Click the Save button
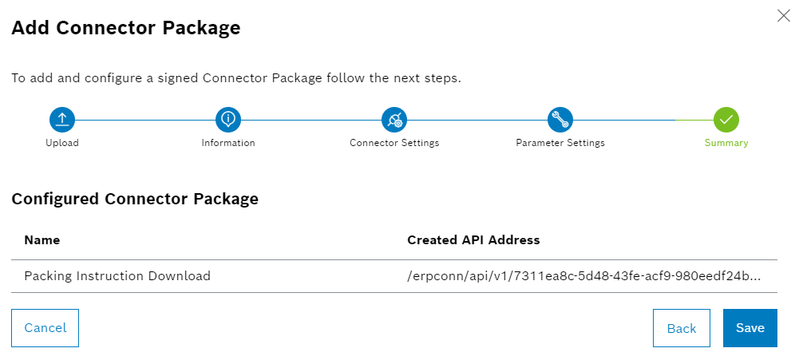point(750,328)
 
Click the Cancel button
point(45,328)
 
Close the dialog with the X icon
point(783,15)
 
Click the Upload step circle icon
point(62,120)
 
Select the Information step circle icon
point(228,120)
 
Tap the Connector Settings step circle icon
point(394,120)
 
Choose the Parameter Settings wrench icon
point(560,120)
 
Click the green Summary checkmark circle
point(726,120)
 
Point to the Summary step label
point(726,143)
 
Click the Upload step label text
point(62,143)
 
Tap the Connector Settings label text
point(394,143)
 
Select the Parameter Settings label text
point(560,143)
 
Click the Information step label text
point(228,143)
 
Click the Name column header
point(42,239)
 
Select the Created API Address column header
point(473,239)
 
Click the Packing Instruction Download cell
point(117,276)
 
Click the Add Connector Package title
point(126,28)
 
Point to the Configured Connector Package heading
point(135,199)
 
